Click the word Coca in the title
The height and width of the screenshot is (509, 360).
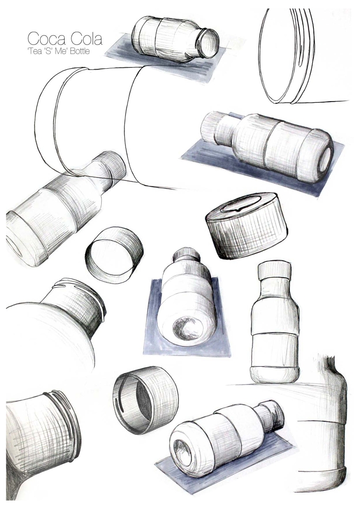(46, 38)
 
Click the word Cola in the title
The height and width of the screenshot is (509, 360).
(86, 38)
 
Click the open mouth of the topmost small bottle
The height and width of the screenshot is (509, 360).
(208, 43)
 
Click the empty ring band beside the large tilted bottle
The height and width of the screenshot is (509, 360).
(114, 254)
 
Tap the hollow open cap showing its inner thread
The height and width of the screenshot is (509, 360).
(145, 401)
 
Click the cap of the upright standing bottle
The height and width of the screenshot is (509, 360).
(275, 270)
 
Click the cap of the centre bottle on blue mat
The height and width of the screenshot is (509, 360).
(185, 255)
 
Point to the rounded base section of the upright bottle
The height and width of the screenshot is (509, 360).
(275, 374)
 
